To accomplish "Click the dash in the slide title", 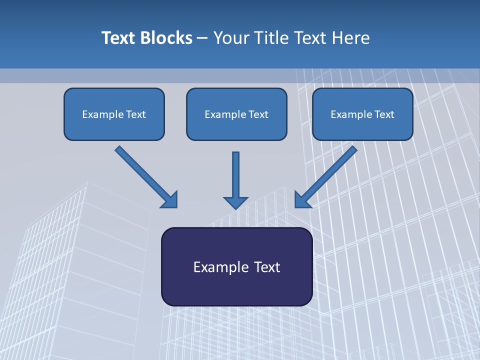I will [202, 38].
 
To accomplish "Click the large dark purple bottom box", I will [236, 287].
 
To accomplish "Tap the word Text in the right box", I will [384, 114].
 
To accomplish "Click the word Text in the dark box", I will [266, 267].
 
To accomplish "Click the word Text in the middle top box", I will [258, 114].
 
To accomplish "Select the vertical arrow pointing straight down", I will [236, 175].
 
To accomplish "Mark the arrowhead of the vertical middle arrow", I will [236, 202].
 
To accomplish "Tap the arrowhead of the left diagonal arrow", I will [170, 200].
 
